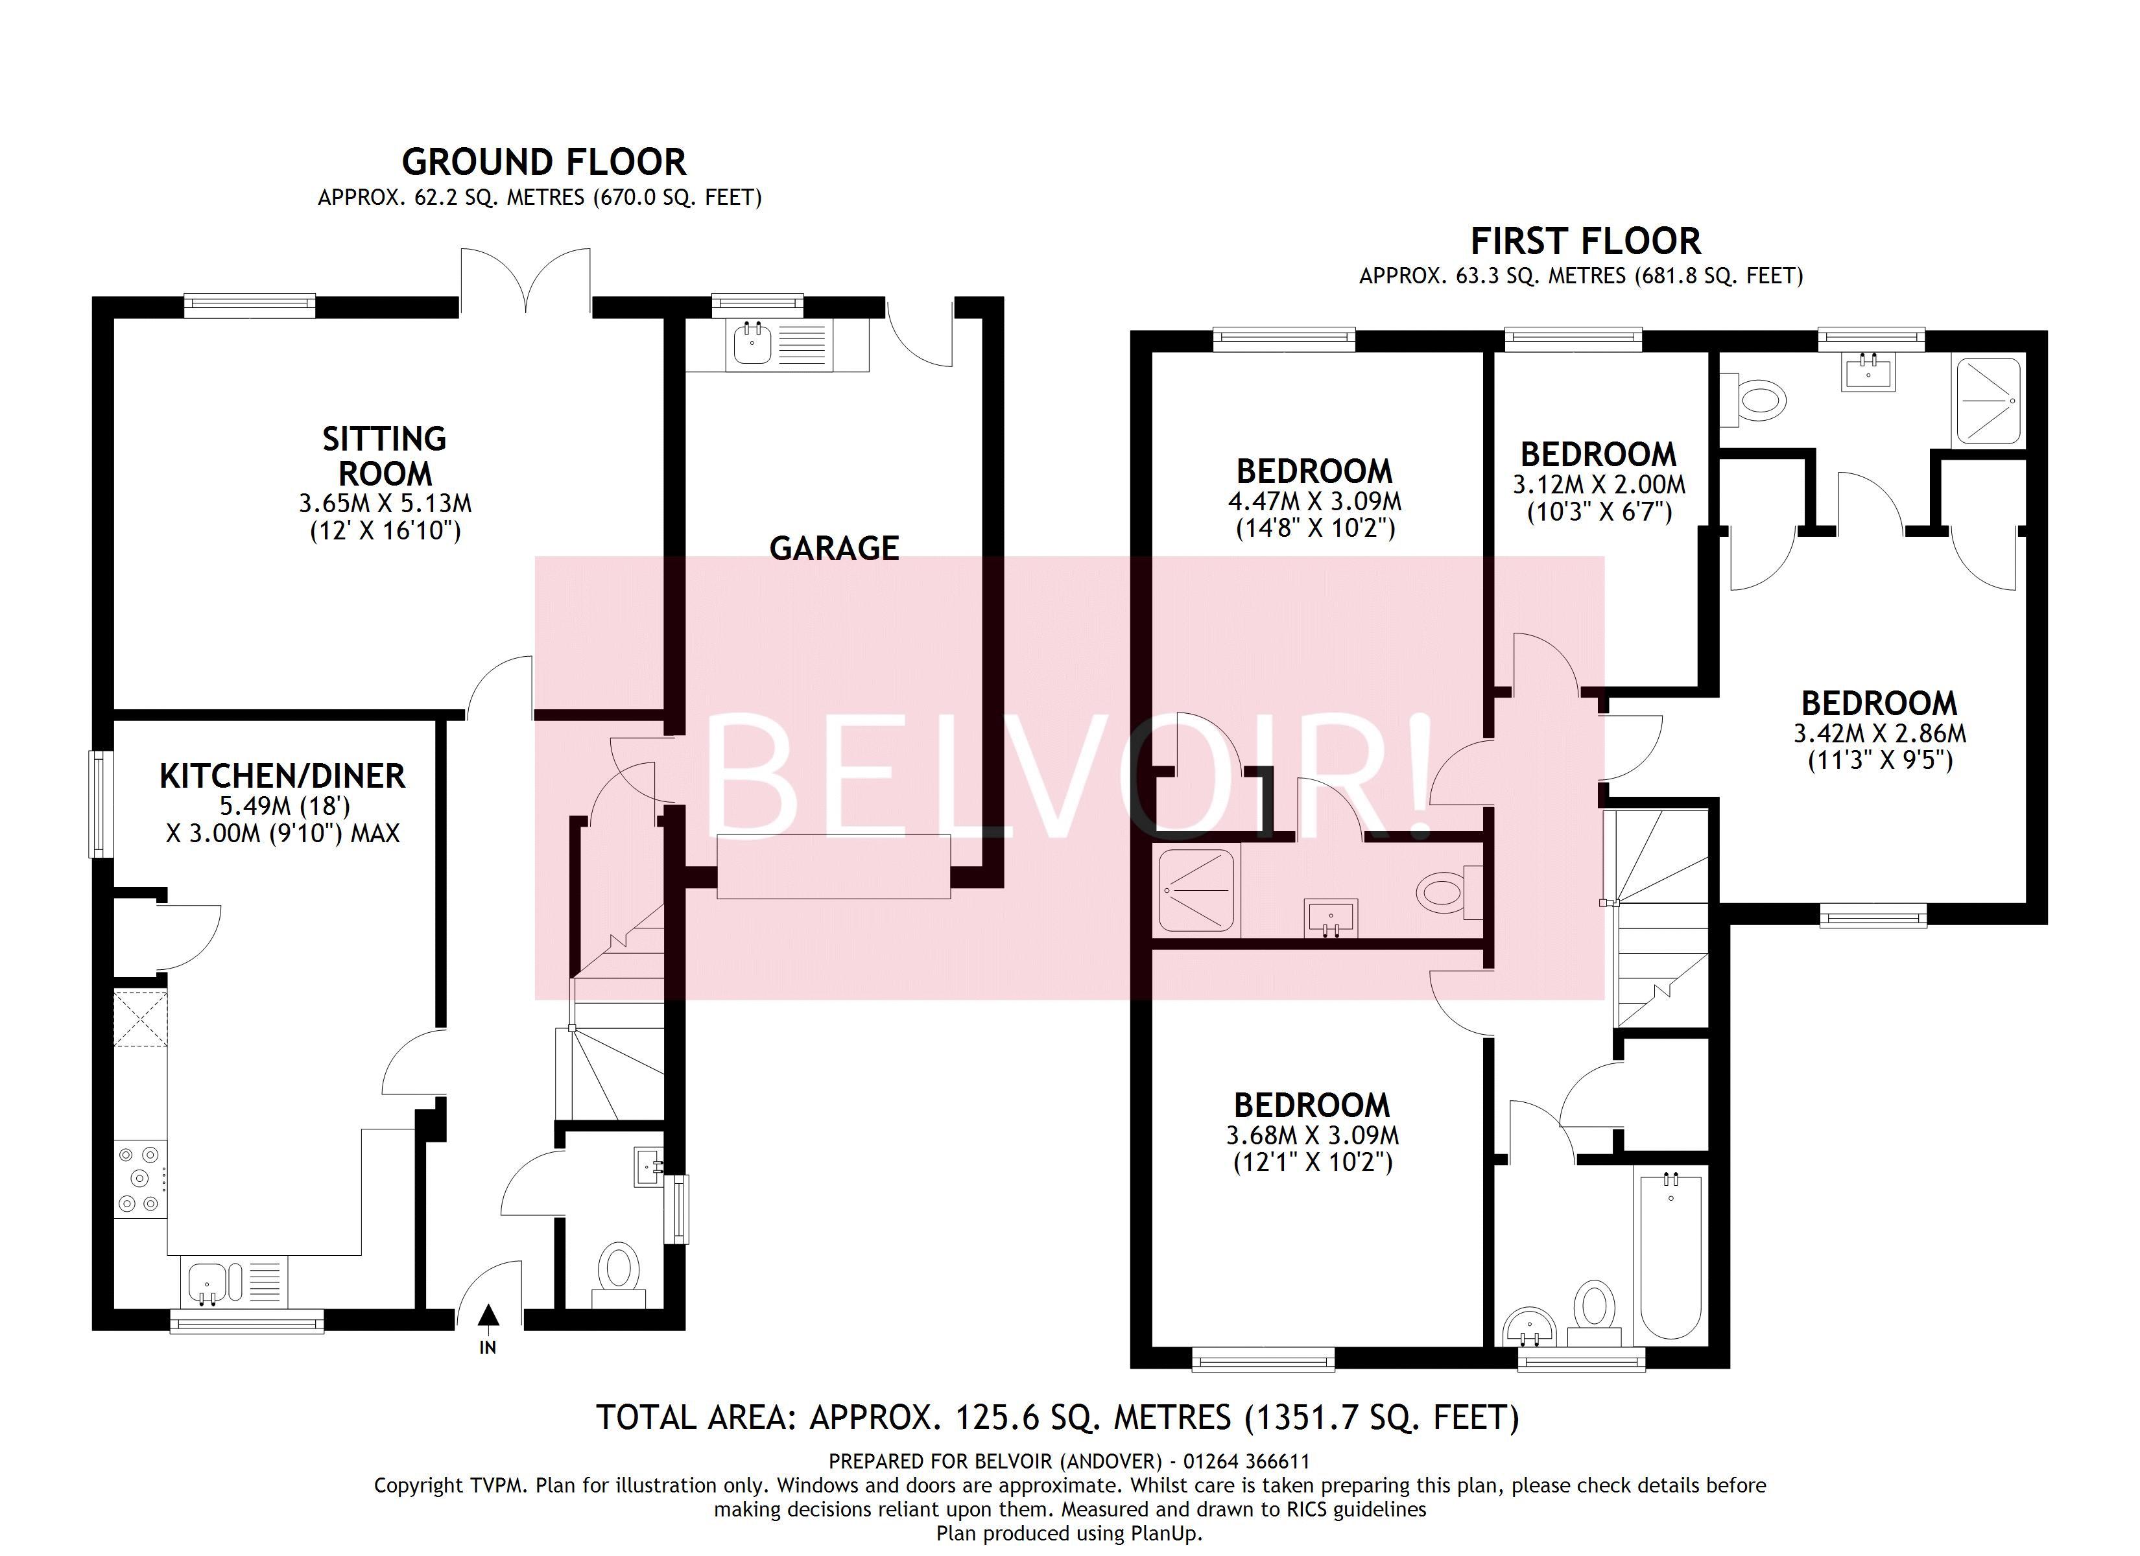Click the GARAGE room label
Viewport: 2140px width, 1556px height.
point(834,548)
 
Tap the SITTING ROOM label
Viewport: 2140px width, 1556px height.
point(384,456)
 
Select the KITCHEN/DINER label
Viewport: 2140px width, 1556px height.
point(282,775)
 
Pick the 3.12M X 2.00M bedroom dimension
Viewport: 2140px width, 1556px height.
point(1599,485)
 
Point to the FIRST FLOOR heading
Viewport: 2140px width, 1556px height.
point(1585,242)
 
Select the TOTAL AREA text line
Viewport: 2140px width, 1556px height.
point(1057,1417)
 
